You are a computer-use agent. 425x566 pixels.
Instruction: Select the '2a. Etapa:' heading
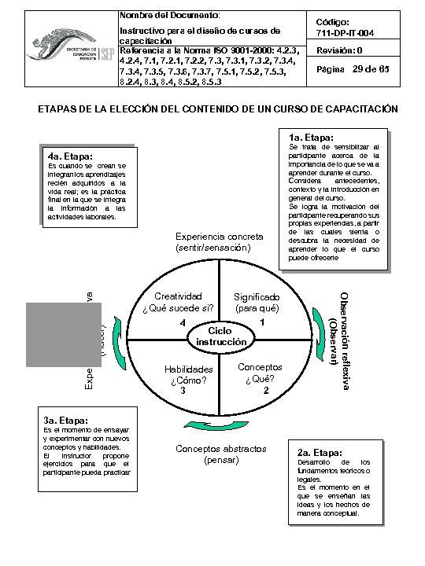pyautogui.click(x=320, y=454)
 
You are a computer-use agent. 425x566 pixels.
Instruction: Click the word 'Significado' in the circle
pyautogui.click(x=257, y=296)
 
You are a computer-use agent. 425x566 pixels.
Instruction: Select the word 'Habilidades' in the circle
pyautogui.click(x=188, y=369)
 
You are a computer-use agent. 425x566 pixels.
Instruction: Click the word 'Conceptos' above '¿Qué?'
pyautogui.click(x=260, y=367)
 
